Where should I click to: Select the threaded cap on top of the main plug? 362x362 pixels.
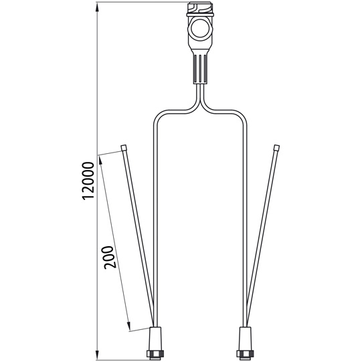tap(199, 9)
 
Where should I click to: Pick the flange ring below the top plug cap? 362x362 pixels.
tap(199, 16)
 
